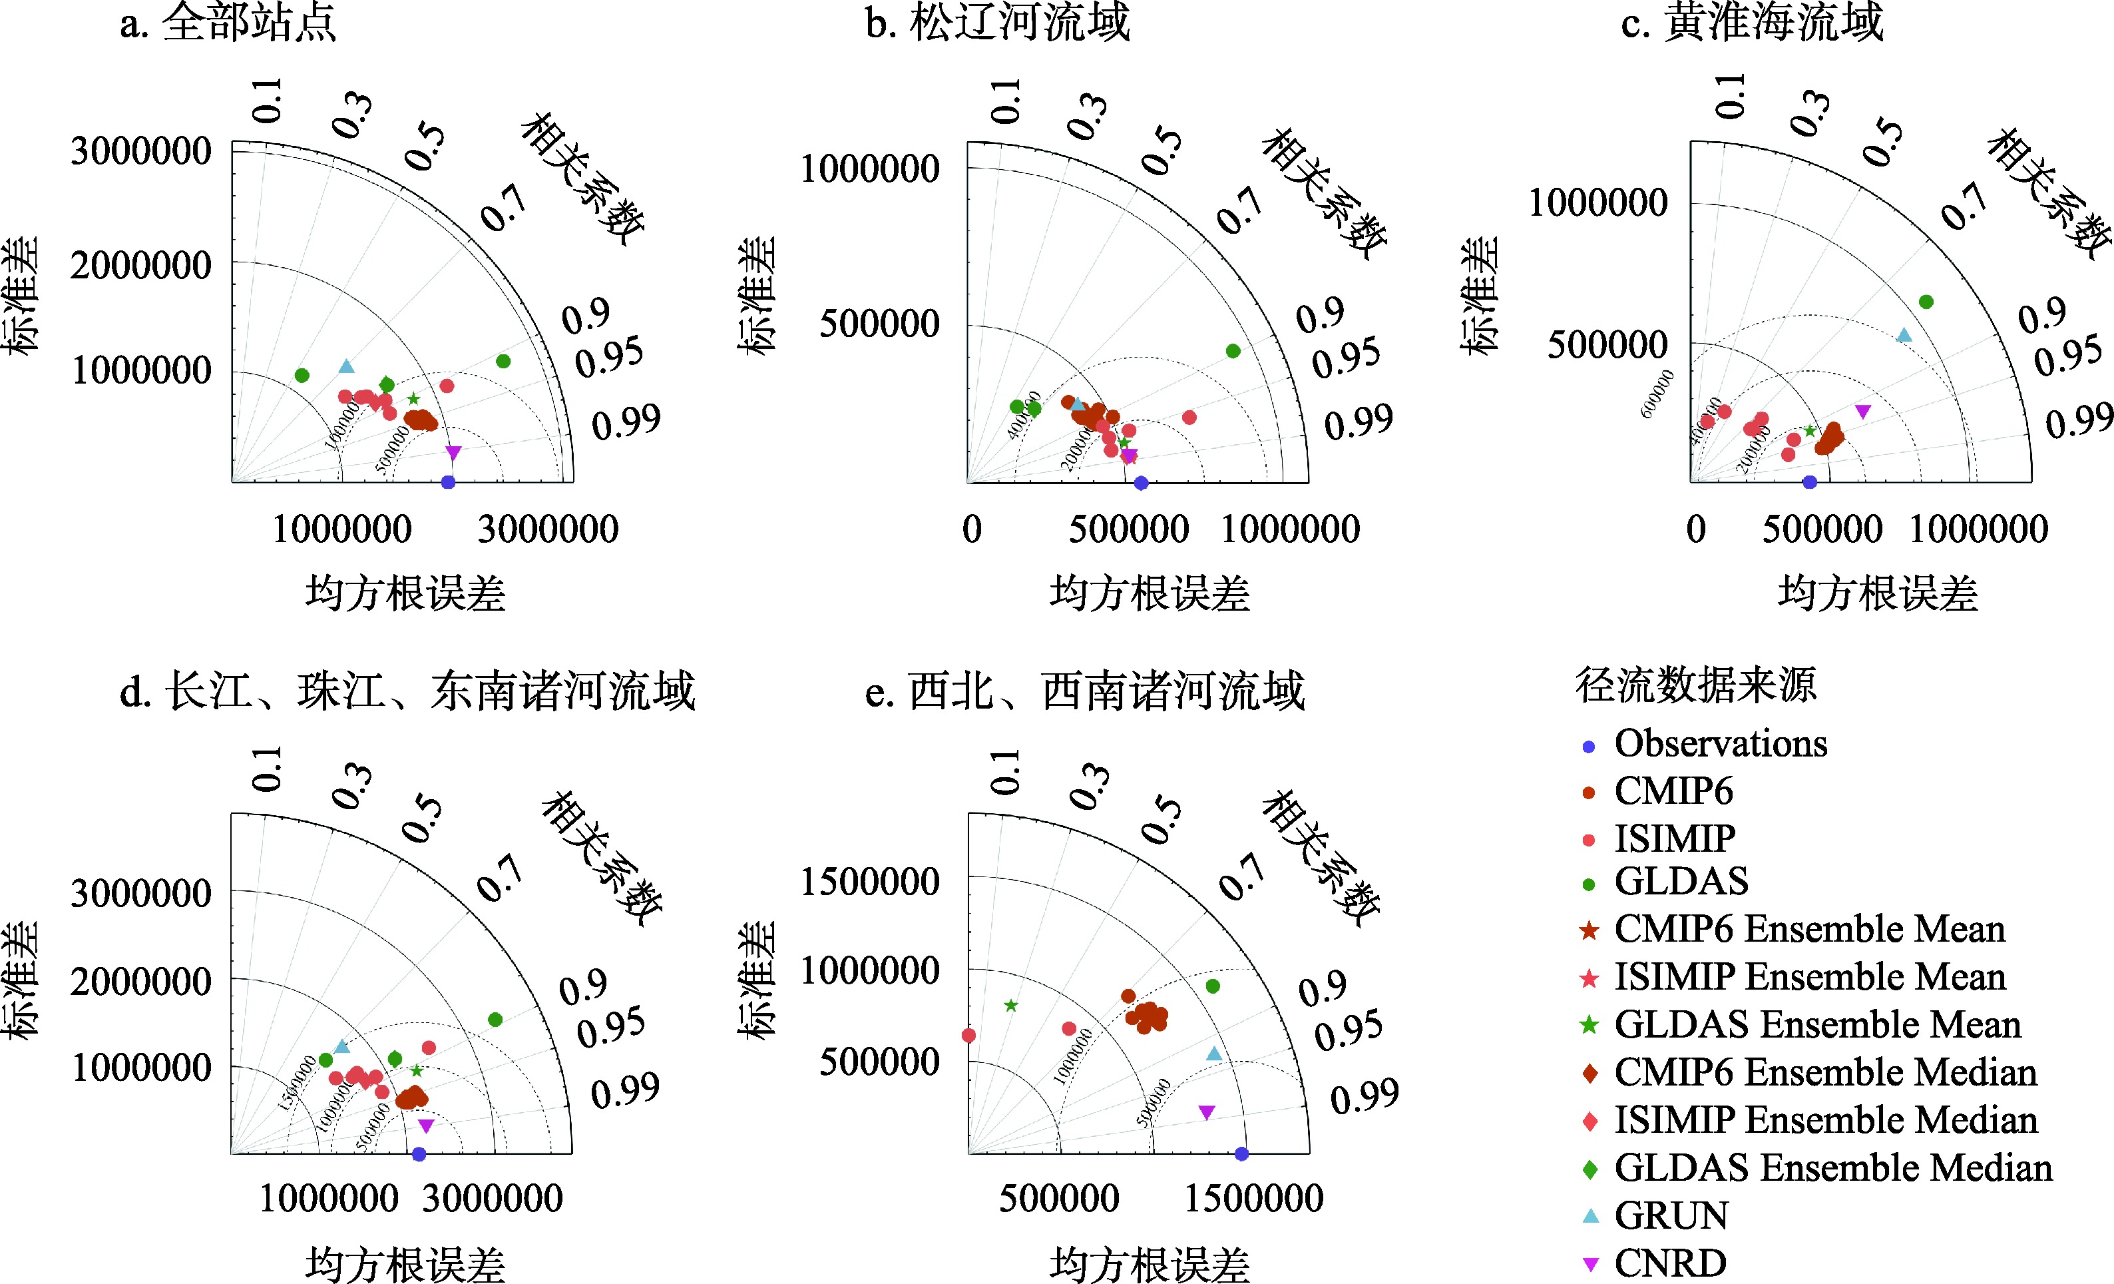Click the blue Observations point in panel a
pos(448,482)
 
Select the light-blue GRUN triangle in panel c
pos(1904,336)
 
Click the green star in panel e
pos(1010,1005)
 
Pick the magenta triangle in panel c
pos(1862,411)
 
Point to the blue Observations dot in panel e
pos(1241,1153)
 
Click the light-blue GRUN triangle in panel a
pos(345,366)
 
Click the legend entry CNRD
pos(1669,1263)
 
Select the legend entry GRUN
pos(1671,1215)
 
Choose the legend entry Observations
pos(1720,743)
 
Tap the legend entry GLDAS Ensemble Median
pos(1832,1168)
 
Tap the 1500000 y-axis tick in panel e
pos(870,882)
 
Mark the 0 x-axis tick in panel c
pos(1696,529)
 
